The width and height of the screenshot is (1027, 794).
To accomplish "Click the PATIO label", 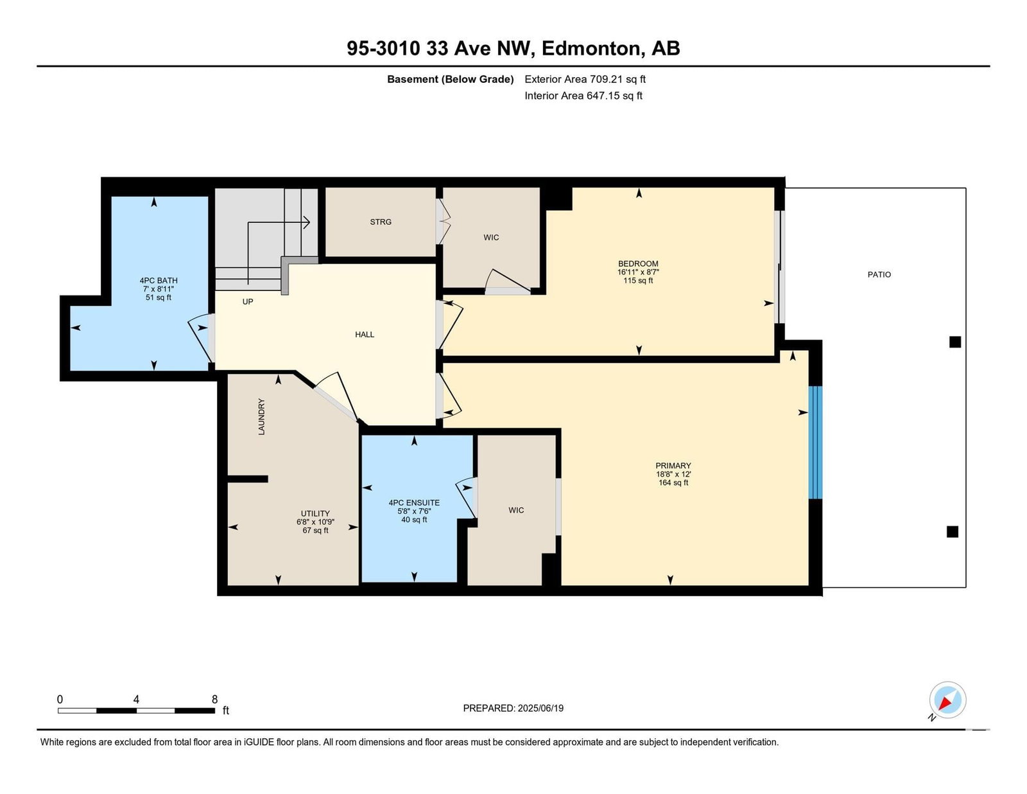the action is pyautogui.click(x=879, y=274).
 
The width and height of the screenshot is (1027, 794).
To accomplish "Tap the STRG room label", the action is pyautogui.click(x=381, y=222).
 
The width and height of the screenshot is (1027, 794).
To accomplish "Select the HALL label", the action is pyautogui.click(x=365, y=334).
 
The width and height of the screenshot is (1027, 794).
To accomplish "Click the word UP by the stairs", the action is pyautogui.click(x=248, y=301).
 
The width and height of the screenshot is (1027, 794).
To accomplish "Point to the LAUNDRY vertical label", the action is pyautogui.click(x=261, y=416).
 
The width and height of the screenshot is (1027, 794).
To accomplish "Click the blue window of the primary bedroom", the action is pyautogui.click(x=815, y=442).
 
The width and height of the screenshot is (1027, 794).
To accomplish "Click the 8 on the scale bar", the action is pyautogui.click(x=214, y=699).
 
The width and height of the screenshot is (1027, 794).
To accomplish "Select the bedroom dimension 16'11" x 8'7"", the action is pyautogui.click(x=638, y=272).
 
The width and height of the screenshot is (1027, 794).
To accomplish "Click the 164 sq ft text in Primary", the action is pyautogui.click(x=673, y=482).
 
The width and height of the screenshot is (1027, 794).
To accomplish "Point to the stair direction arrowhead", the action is pyautogui.click(x=306, y=222).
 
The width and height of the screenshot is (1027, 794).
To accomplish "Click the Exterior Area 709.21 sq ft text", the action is pyautogui.click(x=585, y=79).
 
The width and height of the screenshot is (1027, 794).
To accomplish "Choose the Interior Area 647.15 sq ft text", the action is pyautogui.click(x=583, y=96).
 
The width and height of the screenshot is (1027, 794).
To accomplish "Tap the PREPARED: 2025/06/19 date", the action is pyautogui.click(x=513, y=708).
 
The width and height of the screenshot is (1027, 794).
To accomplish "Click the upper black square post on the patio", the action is pyautogui.click(x=955, y=342).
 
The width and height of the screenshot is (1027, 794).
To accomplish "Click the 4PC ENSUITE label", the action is pyautogui.click(x=414, y=503).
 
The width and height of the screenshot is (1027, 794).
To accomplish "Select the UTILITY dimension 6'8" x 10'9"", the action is pyautogui.click(x=315, y=522).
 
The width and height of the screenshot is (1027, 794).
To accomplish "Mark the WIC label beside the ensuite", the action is pyautogui.click(x=516, y=510).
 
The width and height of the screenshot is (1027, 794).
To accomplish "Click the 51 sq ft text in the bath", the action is pyautogui.click(x=159, y=297).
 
